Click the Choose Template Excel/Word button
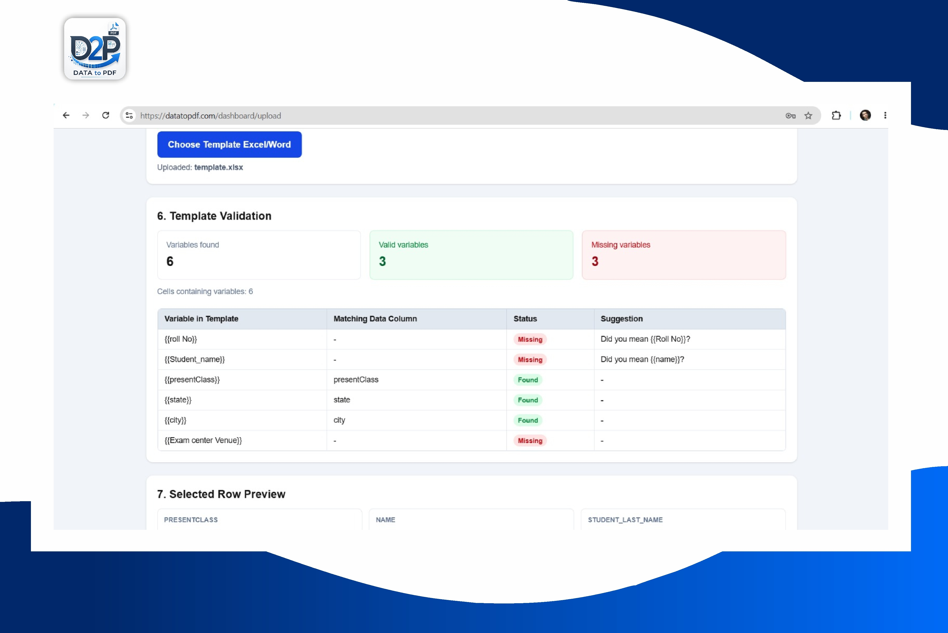coord(229,144)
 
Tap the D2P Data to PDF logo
coord(95,49)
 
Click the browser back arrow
coord(66,115)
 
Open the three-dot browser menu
coord(885,115)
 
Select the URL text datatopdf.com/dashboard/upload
coord(223,116)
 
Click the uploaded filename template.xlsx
coord(219,167)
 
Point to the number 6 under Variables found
coord(170,261)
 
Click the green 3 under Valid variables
coord(382,261)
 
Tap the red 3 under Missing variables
coord(595,261)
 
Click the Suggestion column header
coord(621,318)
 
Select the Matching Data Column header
coord(375,318)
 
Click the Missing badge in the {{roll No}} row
coord(530,339)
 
